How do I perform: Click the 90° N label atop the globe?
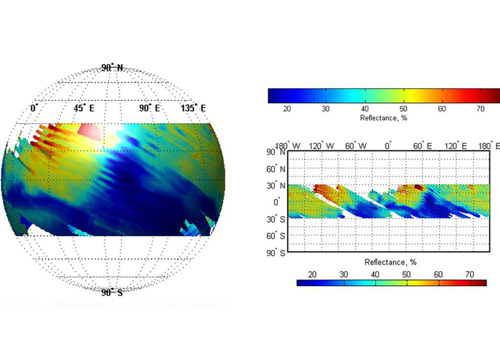[x=112, y=68]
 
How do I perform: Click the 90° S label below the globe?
[x=112, y=292]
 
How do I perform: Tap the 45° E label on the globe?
[x=84, y=108]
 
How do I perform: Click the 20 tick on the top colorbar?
[x=287, y=109]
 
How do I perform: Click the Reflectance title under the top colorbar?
[x=384, y=118]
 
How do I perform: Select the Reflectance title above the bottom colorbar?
[x=391, y=263]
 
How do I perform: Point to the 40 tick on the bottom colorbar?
[x=375, y=274]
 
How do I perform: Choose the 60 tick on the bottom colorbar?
[x=438, y=274]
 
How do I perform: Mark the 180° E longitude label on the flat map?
[x=489, y=146]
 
